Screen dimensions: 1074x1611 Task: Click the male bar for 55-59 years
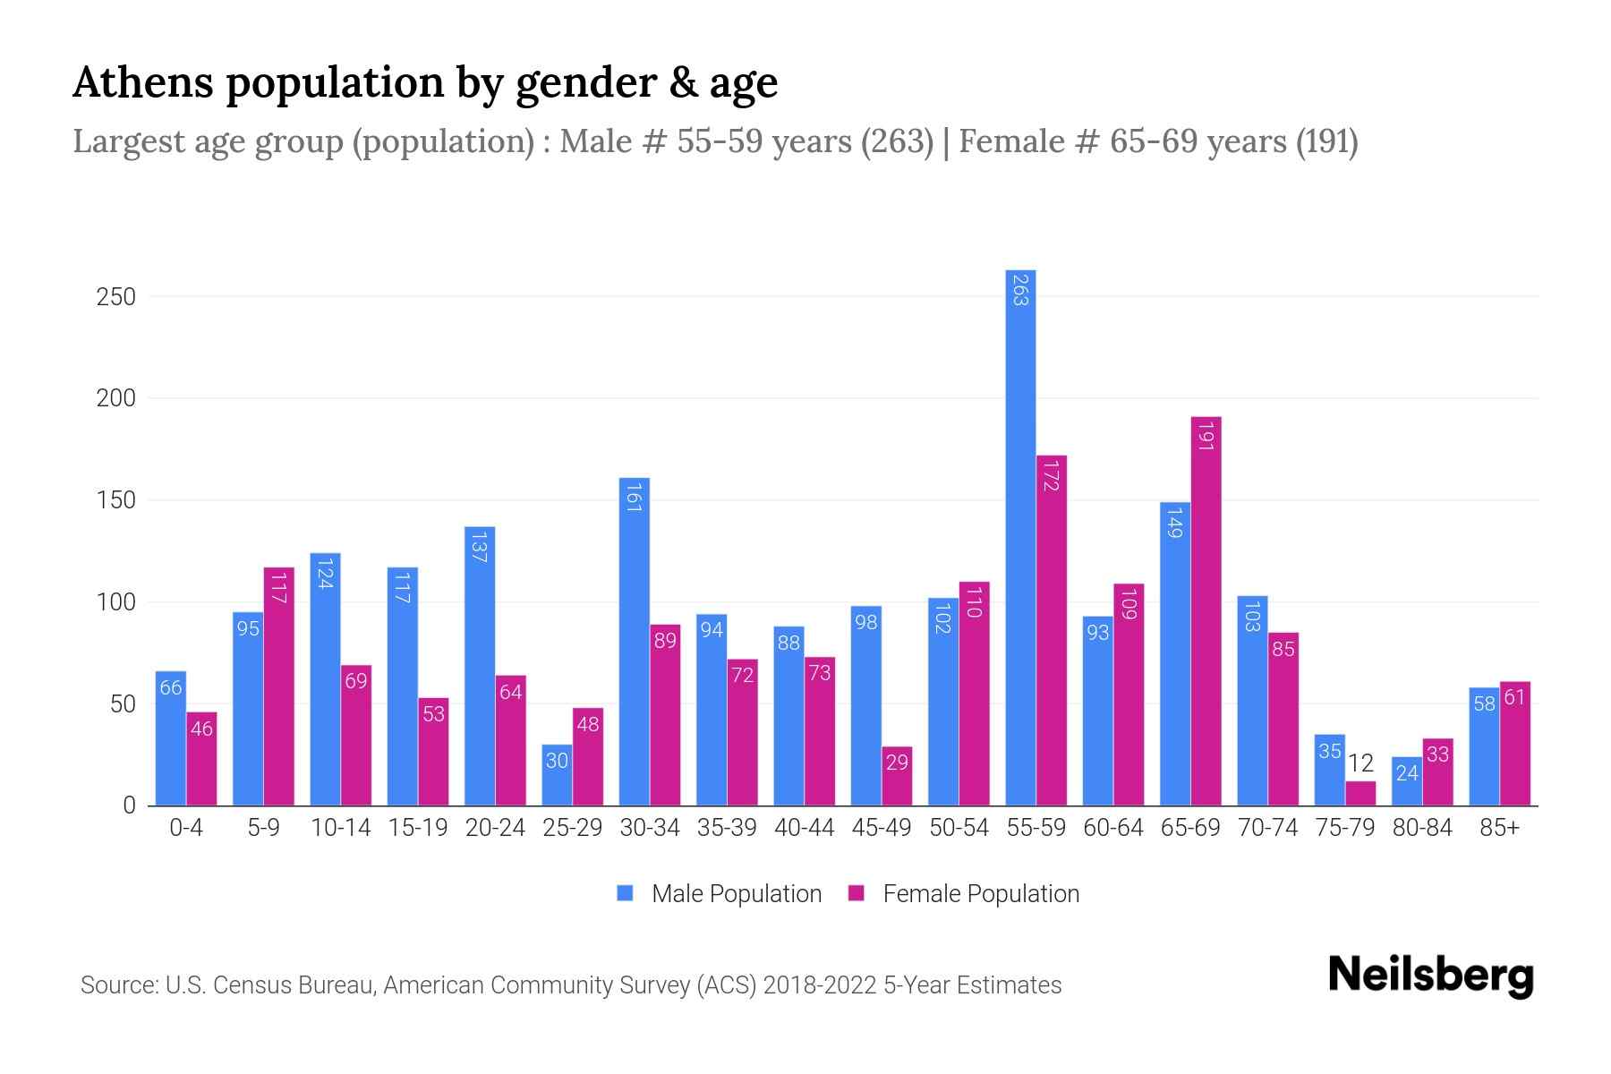[x=1020, y=537]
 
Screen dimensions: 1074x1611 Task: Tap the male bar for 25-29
[x=557, y=775]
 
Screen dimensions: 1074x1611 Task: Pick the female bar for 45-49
[x=897, y=776]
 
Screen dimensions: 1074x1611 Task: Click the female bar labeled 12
[x=1360, y=794]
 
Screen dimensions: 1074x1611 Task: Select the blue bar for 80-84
[x=1407, y=781]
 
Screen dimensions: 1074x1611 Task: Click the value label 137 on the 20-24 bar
[x=479, y=547]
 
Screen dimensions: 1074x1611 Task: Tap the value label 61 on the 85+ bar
[x=1514, y=697]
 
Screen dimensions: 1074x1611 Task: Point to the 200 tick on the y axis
[x=116, y=398]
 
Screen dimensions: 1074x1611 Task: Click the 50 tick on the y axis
[x=124, y=704]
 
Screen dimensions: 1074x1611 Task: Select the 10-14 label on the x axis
[x=340, y=828]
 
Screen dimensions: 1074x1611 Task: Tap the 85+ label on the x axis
[x=1499, y=828]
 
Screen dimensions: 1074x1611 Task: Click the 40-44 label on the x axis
[x=804, y=828]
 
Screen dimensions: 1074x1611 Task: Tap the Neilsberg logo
[x=1430, y=975]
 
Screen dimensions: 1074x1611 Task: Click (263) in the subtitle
[x=898, y=141]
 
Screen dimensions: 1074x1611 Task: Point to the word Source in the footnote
[x=118, y=985]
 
